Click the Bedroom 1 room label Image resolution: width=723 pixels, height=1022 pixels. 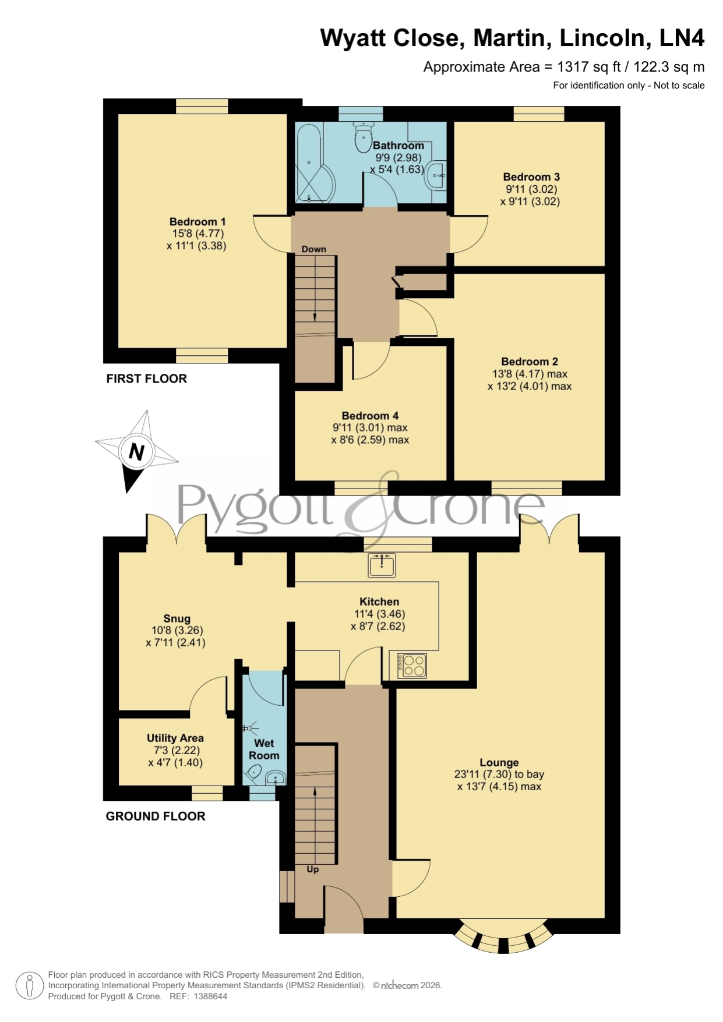coord(197,222)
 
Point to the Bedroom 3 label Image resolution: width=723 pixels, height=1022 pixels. coord(531,177)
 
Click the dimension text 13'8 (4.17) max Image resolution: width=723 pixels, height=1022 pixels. coord(530,374)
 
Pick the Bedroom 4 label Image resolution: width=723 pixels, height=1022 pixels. coord(370,416)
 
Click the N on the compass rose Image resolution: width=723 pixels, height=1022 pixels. coord(136,452)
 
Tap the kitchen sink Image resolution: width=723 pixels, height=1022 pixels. coord(382,565)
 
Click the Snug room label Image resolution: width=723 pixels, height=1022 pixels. coord(177,619)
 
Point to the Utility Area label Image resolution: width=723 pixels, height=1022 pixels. coord(175,738)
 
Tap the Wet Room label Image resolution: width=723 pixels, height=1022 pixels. coord(264,749)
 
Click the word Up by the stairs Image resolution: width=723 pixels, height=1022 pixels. coord(313,869)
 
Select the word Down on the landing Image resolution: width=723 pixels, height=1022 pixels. coord(313,249)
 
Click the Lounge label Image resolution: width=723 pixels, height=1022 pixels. coord(499,763)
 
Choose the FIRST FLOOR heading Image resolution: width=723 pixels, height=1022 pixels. coord(146,379)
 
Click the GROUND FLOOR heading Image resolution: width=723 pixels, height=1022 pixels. coord(155,816)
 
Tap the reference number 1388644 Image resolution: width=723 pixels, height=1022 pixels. coord(210,996)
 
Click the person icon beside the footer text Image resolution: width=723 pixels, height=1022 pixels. coord(29,986)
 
